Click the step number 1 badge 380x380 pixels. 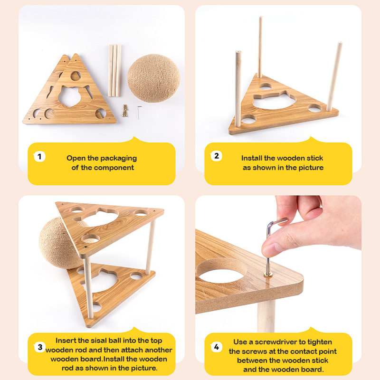tap(39, 157)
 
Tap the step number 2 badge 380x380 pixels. tap(216, 156)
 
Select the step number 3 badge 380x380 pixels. tap(40, 347)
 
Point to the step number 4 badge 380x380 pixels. tap(216, 347)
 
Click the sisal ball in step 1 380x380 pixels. tap(154, 78)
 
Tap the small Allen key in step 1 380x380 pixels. tap(138, 112)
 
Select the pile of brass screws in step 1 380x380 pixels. tap(125, 111)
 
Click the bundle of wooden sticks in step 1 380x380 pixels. tap(114, 70)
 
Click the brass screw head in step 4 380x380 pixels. tap(268, 275)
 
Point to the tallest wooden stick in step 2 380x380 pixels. tap(260, 47)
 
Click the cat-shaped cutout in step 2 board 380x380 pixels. tap(275, 100)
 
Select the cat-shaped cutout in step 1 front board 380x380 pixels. tap(71, 96)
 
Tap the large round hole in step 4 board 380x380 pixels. tap(221, 271)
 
